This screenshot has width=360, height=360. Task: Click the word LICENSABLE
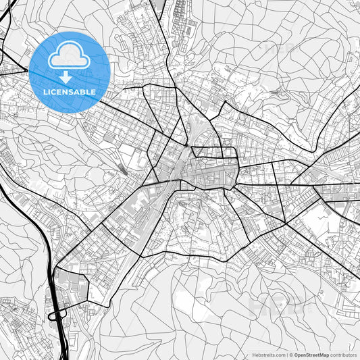point(70,91)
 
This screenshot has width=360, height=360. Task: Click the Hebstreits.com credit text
point(269,355)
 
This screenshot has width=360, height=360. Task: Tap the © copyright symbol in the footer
point(290,355)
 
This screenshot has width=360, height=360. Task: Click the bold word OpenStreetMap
point(311,355)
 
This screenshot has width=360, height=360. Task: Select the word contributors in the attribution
point(343,355)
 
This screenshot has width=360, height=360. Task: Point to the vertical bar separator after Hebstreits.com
point(286,355)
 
